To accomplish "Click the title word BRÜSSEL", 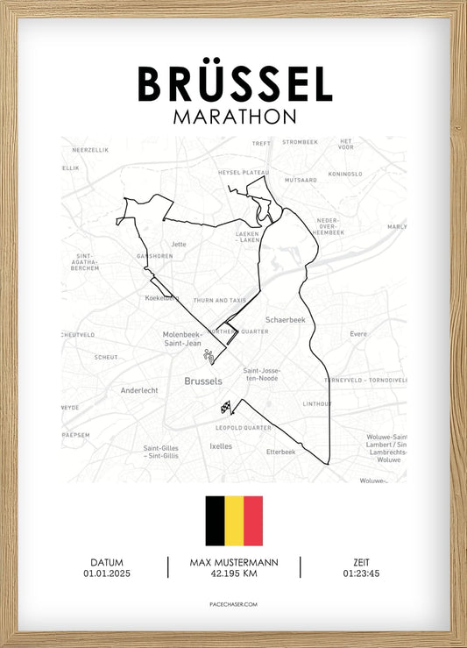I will (234, 85).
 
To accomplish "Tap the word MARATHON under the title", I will (234, 117).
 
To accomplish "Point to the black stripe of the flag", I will (215, 521).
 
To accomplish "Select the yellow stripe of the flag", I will (234, 521).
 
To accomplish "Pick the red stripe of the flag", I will (253, 521).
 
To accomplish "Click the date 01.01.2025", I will (106, 573).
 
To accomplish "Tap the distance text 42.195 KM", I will (233, 573).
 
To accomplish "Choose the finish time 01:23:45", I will (361, 573).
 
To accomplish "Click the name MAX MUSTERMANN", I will (233, 562).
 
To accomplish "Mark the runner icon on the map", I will (209, 356).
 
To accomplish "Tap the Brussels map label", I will (203, 381).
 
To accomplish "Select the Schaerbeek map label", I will (285, 320).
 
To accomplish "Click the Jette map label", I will (179, 245).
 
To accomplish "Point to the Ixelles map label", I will (221, 445).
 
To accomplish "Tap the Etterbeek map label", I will (282, 452).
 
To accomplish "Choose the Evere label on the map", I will (358, 334).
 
